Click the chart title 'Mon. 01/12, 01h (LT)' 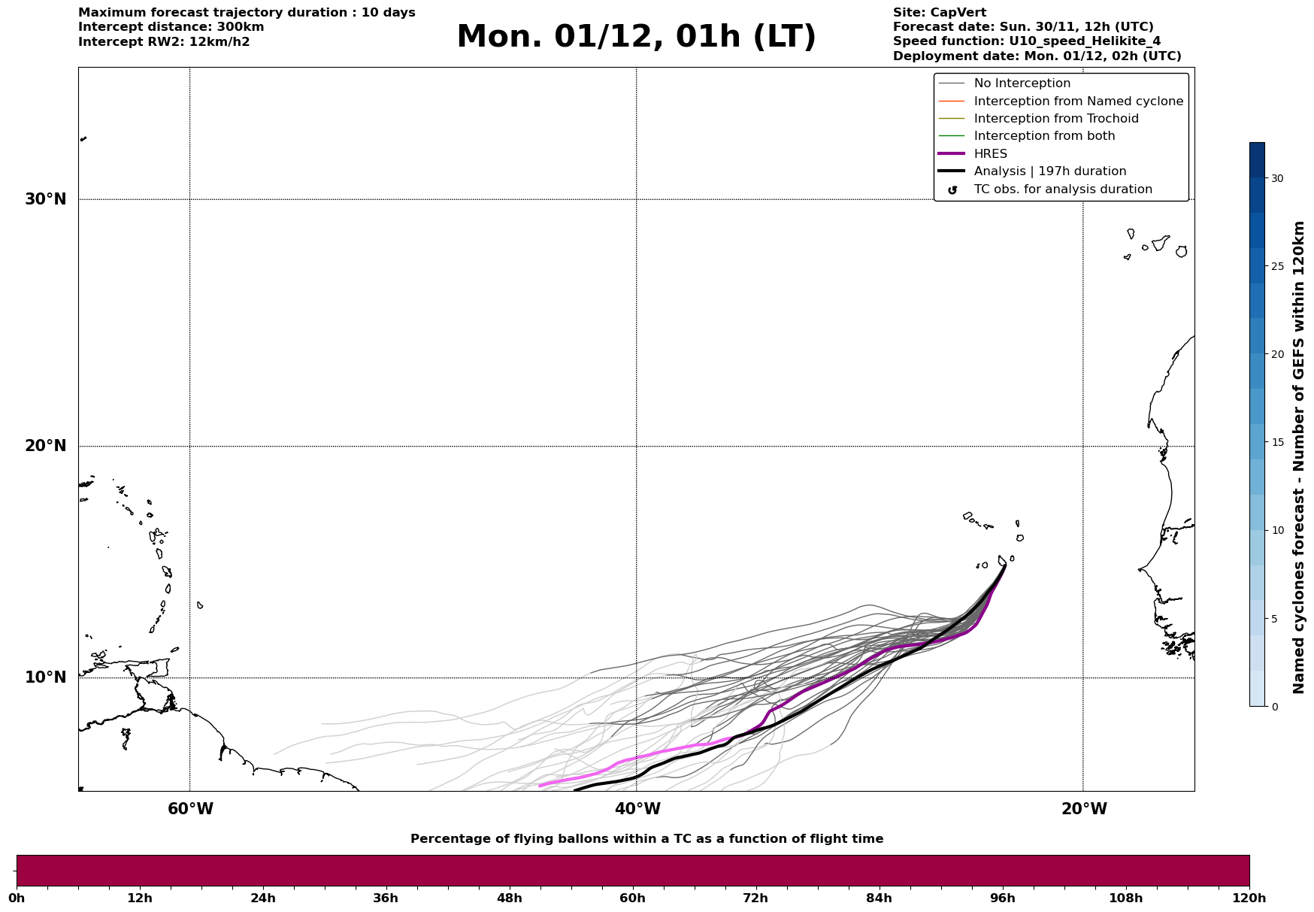(x=636, y=37)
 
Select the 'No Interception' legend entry (x=1022, y=83)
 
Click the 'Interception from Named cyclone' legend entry (x=1078, y=102)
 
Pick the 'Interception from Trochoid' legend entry (x=1055, y=119)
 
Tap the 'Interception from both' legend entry (x=1044, y=136)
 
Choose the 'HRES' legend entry (x=990, y=154)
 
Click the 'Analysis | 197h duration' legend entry (x=1049, y=171)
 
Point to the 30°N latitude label (x=46, y=199)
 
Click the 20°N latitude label (x=46, y=446)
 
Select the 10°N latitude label (x=46, y=677)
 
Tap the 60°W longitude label (x=190, y=809)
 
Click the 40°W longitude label (x=637, y=809)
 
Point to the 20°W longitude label (x=1084, y=809)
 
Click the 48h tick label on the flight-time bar (x=509, y=898)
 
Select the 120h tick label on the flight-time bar (x=1249, y=898)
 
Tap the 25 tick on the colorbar (x=1277, y=266)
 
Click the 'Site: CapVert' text (x=939, y=13)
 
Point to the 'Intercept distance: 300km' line (x=171, y=27)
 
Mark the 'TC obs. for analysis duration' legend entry (x=1062, y=189)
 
